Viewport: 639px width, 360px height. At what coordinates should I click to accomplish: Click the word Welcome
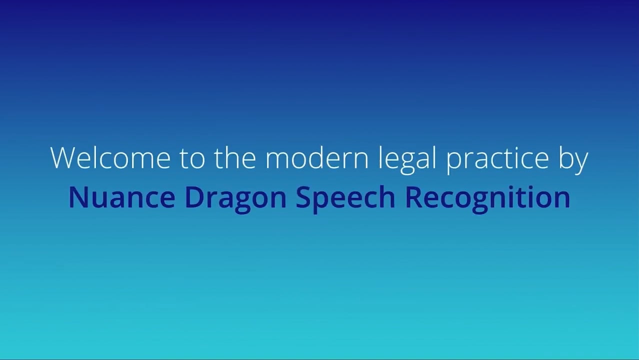[110, 157]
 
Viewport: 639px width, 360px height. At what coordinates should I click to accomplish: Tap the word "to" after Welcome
[192, 158]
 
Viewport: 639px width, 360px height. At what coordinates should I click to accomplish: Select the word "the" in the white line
[235, 157]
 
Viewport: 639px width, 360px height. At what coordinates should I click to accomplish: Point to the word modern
[316, 157]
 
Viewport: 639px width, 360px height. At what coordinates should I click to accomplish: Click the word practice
[497, 159]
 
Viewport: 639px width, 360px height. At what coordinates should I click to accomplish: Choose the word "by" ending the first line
[573, 159]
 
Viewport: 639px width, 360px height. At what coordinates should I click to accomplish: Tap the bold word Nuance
[122, 197]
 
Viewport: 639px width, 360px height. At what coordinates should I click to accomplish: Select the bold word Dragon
[235, 199]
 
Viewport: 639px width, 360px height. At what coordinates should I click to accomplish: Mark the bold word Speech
[345, 199]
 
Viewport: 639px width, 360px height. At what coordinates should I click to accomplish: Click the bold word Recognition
[487, 199]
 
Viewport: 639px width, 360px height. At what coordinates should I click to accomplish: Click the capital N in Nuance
[78, 197]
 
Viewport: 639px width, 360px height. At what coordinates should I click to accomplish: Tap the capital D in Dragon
[195, 197]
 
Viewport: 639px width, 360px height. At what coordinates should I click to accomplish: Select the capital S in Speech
[304, 197]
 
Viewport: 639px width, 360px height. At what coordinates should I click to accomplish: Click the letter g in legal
[407, 163]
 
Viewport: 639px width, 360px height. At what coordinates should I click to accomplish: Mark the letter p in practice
[454, 163]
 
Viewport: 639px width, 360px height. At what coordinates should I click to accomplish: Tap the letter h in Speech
[386, 197]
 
